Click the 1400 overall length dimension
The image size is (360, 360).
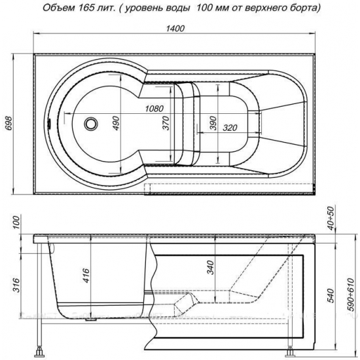pos(175,28)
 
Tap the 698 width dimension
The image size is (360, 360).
pos(9,124)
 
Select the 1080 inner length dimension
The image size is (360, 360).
pos(154,109)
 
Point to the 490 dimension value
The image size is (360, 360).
pos(117,123)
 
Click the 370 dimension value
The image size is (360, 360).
pos(166,123)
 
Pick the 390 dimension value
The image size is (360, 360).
pos(213,123)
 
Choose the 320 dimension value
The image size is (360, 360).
pos(230,128)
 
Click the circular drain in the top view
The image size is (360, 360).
pos(91,124)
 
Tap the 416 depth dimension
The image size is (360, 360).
pos(86,275)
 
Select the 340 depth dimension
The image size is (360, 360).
pos(211,268)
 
